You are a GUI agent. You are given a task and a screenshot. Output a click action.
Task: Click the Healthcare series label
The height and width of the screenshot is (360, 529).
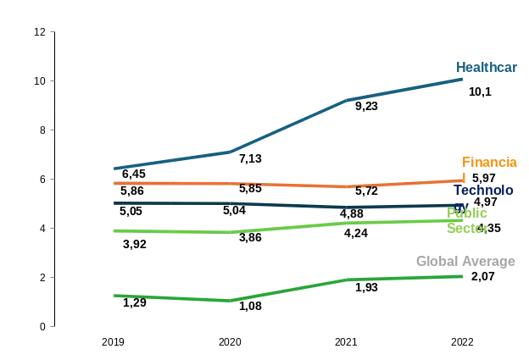[487, 68]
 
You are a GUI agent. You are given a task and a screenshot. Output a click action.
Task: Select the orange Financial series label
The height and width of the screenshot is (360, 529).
[489, 162]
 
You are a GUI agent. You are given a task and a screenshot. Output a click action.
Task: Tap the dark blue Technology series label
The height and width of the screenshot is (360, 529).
[483, 190]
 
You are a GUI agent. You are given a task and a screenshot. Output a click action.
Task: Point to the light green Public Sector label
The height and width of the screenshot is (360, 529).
[468, 219]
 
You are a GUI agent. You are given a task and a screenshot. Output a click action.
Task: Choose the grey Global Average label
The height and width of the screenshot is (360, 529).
[465, 262]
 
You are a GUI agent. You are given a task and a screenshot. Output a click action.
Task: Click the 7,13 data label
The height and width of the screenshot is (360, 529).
[250, 158]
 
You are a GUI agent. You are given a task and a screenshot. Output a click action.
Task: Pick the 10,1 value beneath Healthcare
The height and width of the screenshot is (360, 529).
[481, 91]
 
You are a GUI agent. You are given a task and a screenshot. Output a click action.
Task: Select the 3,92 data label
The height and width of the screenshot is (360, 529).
[135, 245]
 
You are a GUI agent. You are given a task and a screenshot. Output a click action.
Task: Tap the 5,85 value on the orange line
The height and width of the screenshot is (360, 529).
[250, 188]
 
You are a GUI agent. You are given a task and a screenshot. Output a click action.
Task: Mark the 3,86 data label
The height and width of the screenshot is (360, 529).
[250, 239]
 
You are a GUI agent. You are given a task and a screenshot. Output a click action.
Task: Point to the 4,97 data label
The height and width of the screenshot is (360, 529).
[485, 202]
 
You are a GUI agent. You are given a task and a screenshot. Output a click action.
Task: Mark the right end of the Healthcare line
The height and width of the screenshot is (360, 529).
[463, 78]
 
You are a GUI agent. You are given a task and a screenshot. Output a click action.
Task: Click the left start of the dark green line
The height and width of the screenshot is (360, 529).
[114, 294]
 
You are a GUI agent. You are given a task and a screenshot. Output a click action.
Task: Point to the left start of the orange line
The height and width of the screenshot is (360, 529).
[114, 183]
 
